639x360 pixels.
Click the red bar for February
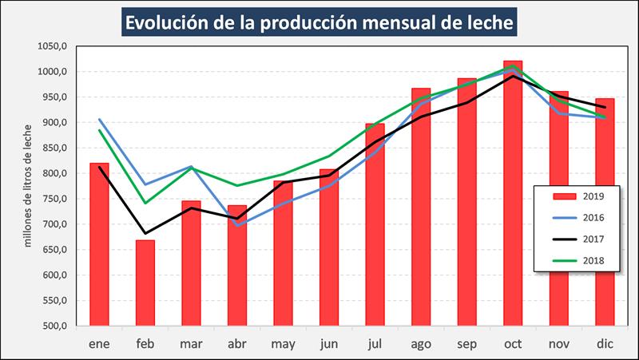(145, 283)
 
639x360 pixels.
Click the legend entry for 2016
(577, 217)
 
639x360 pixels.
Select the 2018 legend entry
(577, 259)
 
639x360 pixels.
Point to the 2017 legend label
(592, 239)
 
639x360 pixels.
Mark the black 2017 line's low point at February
(145, 234)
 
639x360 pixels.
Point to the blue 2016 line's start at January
(99, 120)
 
